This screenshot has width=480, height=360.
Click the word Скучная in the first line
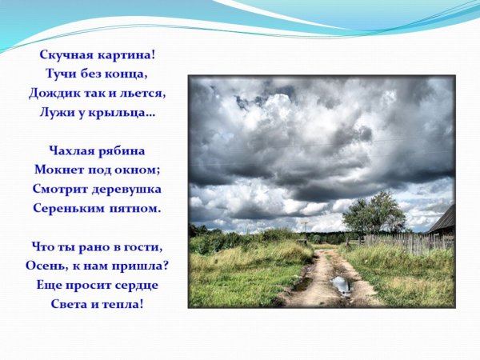[66, 55]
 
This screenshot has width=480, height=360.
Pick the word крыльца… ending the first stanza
[125, 113]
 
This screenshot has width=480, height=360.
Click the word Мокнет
[58, 170]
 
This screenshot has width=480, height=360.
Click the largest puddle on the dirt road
[341, 284]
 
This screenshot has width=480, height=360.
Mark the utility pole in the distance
[305, 227]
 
